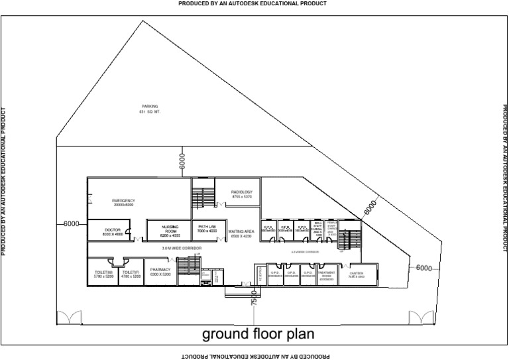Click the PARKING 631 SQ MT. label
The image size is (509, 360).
150,109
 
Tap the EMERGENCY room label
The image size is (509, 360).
123,202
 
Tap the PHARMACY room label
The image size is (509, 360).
160,272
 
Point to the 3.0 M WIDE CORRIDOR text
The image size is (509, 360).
182,248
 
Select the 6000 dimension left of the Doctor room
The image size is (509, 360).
72,224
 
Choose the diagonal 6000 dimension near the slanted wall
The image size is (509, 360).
371,207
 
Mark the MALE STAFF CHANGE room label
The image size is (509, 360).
317,229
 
